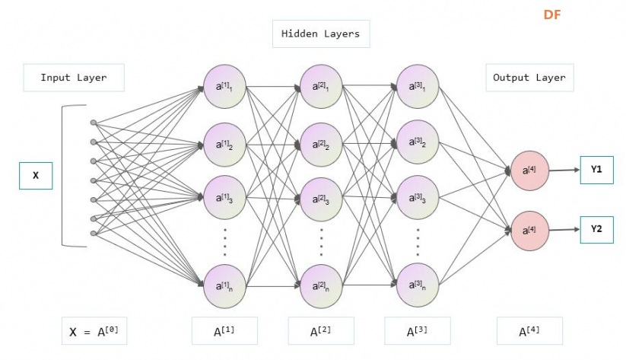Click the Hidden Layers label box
pos(321,34)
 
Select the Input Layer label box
pos(74,78)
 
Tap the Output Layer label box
pos(529,78)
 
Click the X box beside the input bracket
pos(36,175)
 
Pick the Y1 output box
pos(596,170)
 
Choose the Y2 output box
pos(596,229)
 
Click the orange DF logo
pos(552,14)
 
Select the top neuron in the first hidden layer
pos(225,86)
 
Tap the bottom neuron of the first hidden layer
pos(225,286)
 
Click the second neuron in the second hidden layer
pos(321,145)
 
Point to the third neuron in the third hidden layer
pos(418,197)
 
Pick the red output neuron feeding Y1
pos(530,170)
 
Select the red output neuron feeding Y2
pos(530,231)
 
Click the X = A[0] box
pos(94,331)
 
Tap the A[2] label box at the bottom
pos(321,331)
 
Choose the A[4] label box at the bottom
pos(529,331)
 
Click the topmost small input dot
pos(94,123)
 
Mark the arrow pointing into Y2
pos(564,230)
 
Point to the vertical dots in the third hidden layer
pos(418,242)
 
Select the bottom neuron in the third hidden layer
pos(418,285)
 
